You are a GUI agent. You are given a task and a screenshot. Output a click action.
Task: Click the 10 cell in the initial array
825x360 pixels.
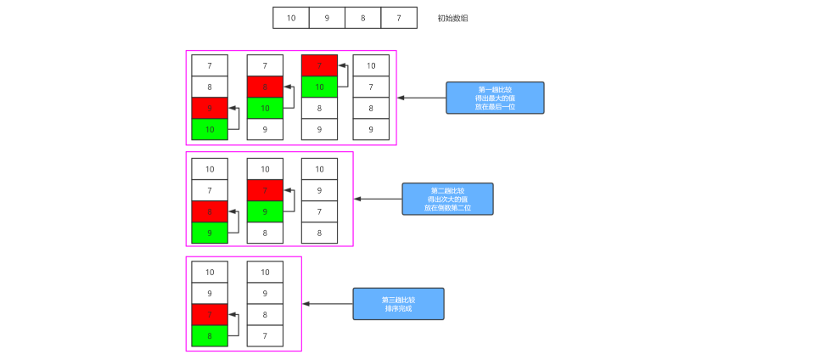tap(291, 18)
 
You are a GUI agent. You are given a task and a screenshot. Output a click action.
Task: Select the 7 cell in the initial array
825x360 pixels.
tap(399, 18)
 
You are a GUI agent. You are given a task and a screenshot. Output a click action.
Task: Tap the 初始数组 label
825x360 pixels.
tap(452, 18)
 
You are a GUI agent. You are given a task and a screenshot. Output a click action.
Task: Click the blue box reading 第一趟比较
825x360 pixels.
tap(495, 98)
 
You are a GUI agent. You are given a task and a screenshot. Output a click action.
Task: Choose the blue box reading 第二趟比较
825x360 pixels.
tap(447, 199)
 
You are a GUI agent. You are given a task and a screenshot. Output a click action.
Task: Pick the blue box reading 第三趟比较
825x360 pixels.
tap(398, 303)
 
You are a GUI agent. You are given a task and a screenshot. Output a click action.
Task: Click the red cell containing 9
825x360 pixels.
tap(210, 108)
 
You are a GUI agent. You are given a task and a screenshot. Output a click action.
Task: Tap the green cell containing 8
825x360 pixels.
tap(210, 335)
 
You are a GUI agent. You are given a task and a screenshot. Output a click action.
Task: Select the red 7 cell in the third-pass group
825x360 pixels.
tap(210, 314)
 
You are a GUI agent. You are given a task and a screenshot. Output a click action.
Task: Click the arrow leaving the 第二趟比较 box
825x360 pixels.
tap(378, 199)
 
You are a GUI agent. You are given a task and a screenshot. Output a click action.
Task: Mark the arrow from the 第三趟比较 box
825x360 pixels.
tap(328, 303)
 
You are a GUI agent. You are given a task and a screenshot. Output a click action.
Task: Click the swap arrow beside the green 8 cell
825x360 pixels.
tap(235, 325)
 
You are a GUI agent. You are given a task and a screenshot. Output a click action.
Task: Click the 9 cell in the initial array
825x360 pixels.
tap(327, 18)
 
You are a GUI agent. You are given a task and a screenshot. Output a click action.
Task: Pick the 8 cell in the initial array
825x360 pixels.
tap(363, 18)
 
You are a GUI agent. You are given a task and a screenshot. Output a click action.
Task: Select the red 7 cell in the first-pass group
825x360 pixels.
tap(319, 65)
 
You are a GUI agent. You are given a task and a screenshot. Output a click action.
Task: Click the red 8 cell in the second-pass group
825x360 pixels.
tap(210, 211)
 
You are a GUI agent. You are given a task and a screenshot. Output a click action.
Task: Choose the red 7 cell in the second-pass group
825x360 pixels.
tap(265, 190)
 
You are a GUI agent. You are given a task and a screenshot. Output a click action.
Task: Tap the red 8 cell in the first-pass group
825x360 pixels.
tap(265, 87)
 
